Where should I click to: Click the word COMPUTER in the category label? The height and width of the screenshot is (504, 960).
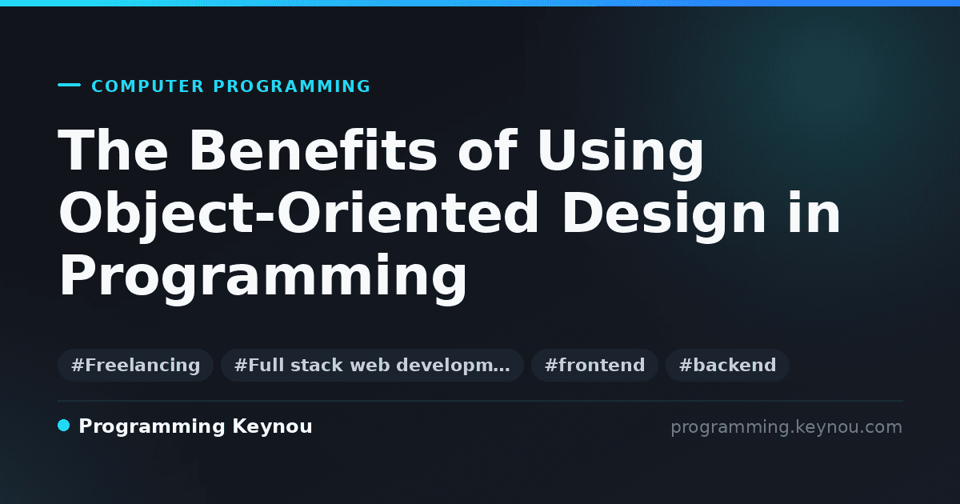click(x=147, y=86)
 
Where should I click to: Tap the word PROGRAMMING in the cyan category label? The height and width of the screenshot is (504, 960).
click(x=291, y=86)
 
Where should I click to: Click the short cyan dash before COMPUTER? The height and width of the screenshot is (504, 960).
click(x=69, y=85)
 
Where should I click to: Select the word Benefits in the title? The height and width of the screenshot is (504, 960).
click(x=313, y=150)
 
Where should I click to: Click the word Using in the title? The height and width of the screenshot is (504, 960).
click(x=621, y=154)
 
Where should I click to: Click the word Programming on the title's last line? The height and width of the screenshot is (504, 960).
click(x=262, y=278)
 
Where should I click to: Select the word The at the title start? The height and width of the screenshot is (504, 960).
click(x=113, y=150)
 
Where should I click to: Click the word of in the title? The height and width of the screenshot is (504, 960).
click(x=487, y=150)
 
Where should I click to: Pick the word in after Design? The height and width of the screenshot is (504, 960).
click(x=814, y=213)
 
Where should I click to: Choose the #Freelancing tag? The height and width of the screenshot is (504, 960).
click(x=135, y=365)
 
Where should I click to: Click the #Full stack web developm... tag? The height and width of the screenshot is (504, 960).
click(x=372, y=365)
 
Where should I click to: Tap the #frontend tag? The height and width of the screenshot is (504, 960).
click(x=594, y=365)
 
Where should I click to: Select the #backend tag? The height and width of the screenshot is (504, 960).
click(x=727, y=365)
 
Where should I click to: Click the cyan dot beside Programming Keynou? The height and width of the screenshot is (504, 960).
click(x=64, y=426)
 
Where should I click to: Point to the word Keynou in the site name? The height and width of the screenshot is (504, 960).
click(x=272, y=427)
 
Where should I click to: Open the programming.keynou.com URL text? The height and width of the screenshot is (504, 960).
click(x=786, y=427)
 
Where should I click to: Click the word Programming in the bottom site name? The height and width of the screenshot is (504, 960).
click(x=152, y=427)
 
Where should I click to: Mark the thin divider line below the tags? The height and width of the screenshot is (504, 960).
click(x=481, y=401)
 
